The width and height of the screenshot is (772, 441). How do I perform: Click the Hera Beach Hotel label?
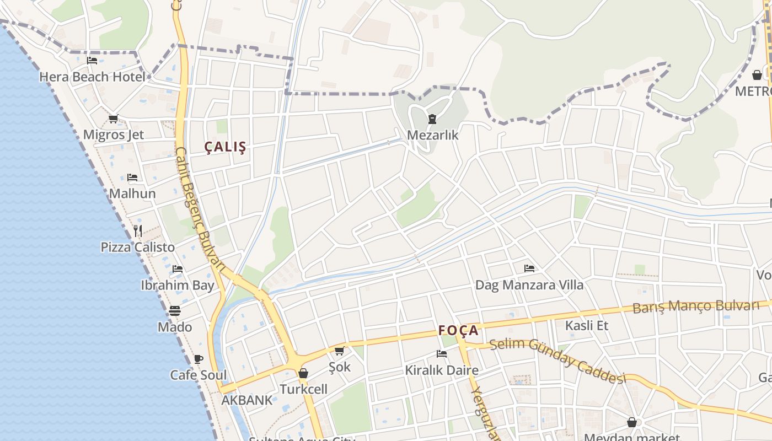click(x=92, y=77)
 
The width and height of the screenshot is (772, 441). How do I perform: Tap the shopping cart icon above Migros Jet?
click(x=114, y=119)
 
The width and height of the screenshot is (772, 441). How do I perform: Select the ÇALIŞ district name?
click(x=226, y=147)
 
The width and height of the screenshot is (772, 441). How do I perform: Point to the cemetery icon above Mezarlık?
click(x=432, y=119)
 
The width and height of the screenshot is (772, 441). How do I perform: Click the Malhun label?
click(x=132, y=193)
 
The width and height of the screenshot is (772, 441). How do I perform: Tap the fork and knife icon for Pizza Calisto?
click(x=138, y=231)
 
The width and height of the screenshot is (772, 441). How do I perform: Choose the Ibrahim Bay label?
click(x=178, y=285)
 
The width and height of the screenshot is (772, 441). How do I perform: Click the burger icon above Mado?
click(x=175, y=311)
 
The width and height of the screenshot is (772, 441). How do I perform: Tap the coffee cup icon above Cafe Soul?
click(x=199, y=359)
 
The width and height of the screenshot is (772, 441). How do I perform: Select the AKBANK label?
click(x=247, y=400)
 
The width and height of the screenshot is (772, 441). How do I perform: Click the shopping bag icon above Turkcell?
click(x=303, y=373)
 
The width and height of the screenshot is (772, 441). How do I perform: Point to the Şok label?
click(x=340, y=367)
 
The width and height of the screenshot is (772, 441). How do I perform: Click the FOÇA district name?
click(x=458, y=330)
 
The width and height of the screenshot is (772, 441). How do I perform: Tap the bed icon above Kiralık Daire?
click(x=441, y=353)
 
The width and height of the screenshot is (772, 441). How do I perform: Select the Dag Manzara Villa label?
click(x=529, y=285)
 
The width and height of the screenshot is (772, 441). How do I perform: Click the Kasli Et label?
click(x=587, y=325)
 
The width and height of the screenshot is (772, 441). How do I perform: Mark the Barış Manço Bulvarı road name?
click(x=696, y=306)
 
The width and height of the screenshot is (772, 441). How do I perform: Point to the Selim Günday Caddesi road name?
click(x=558, y=360)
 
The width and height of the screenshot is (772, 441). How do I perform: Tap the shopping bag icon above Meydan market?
click(x=632, y=422)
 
